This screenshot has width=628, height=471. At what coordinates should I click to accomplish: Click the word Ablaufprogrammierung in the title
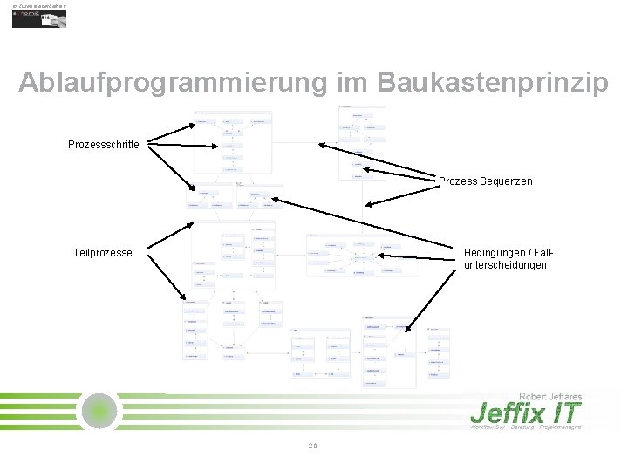(172, 83)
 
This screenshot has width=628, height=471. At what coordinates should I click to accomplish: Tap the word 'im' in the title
(352, 83)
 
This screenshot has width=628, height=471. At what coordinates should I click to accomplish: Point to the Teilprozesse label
(103, 253)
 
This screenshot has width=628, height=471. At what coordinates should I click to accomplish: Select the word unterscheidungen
(506, 265)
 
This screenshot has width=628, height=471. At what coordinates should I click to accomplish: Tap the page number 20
(313, 447)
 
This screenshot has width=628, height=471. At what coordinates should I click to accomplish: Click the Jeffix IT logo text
(525, 413)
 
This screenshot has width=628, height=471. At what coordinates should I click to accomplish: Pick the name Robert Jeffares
(550, 396)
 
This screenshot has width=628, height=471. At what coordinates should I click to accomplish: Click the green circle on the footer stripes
(100, 411)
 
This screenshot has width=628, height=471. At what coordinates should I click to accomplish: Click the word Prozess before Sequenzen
(457, 181)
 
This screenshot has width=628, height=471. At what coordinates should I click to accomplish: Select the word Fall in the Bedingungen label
(544, 253)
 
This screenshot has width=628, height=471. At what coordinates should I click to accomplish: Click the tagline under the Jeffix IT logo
(525, 427)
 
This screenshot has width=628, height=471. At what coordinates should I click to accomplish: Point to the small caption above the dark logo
(40, 5)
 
